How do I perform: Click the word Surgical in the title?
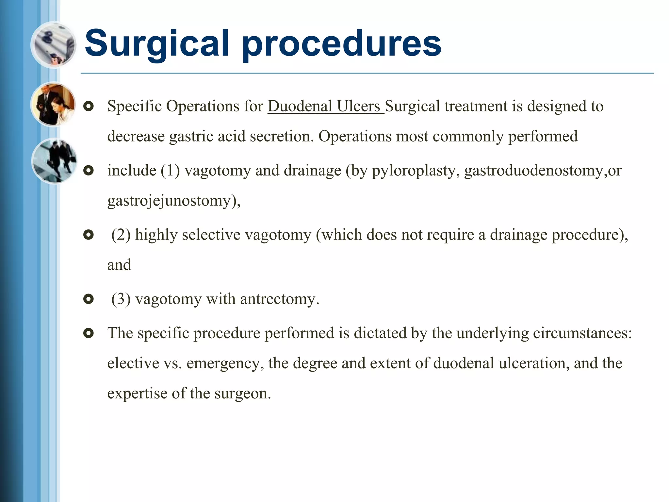click(x=157, y=43)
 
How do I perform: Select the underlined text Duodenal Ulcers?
click(x=325, y=106)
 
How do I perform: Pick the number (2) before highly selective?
click(x=121, y=235)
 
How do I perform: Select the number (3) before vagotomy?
click(x=121, y=299)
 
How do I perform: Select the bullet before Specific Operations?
click(x=89, y=106)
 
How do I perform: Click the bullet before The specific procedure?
click(x=89, y=333)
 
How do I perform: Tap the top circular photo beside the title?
click(x=54, y=45)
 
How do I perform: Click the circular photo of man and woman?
click(x=54, y=105)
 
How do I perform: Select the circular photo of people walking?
click(x=54, y=161)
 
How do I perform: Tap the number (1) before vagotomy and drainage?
click(x=170, y=171)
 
